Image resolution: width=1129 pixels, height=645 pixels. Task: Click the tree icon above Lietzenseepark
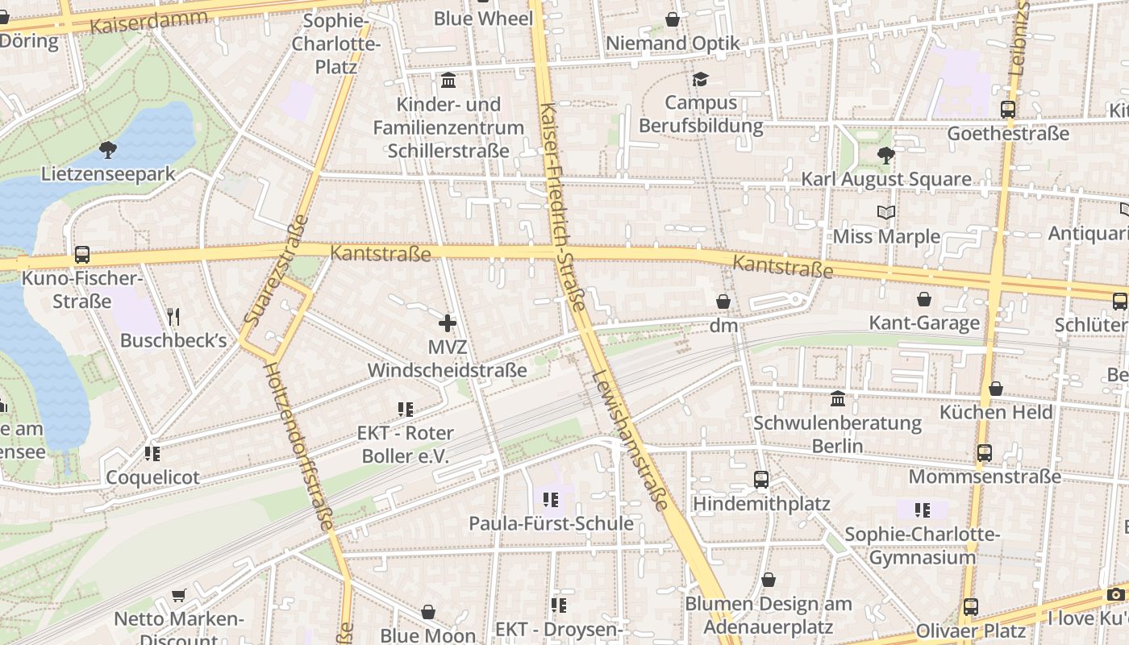tap(107, 149)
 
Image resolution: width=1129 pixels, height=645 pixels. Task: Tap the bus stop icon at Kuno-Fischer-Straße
tap(82, 255)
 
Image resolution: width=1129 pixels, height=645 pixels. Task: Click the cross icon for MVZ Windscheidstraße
tap(448, 323)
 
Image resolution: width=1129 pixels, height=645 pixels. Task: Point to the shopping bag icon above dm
tap(723, 302)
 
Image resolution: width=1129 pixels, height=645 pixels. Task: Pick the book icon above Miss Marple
tap(885, 212)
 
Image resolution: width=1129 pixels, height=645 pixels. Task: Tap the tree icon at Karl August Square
tap(885, 155)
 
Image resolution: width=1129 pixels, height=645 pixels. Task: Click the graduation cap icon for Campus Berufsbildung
tap(699, 79)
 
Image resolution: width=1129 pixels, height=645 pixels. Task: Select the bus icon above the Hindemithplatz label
tap(760, 480)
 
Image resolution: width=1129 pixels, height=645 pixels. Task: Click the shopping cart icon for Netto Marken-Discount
tap(178, 596)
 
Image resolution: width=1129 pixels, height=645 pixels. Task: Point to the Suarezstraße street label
tap(277, 270)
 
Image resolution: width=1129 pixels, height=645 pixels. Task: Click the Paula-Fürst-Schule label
tap(552, 524)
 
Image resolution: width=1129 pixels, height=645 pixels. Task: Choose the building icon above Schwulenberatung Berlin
tap(838, 399)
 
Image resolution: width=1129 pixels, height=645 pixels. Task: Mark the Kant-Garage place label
tap(924, 323)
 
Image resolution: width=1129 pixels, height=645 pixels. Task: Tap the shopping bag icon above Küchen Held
tap(996, 389)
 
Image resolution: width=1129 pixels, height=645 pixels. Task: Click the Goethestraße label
tap(1008, 134)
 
